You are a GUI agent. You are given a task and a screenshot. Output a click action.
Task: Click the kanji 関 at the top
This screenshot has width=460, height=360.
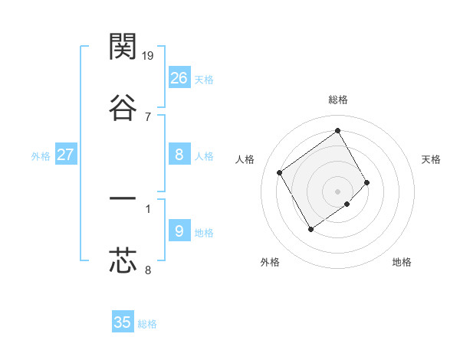(x=123, y=47)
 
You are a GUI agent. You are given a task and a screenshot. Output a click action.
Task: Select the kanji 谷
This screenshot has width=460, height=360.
(x=123, y=107)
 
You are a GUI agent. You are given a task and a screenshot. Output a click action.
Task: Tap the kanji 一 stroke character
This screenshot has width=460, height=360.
(x=123, y=201)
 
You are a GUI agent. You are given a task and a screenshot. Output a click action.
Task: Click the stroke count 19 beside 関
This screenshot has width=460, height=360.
(x=148, y=55)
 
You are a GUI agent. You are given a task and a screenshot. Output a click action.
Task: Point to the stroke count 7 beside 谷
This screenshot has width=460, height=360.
(x=147, y=116)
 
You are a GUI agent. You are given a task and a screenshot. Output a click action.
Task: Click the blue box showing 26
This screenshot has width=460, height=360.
(x=179, y=78)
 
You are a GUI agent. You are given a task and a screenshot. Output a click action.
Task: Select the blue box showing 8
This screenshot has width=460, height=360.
(x=179, y=155)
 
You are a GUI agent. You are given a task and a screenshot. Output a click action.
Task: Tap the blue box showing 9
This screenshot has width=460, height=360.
(x=179, y=231)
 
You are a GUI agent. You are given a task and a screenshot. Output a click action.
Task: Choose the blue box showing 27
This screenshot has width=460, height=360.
(x=66, y=155)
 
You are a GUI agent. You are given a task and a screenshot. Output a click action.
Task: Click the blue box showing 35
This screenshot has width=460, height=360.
(x=123, y=322)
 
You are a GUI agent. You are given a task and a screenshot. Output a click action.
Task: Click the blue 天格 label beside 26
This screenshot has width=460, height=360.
(x=204, y=80)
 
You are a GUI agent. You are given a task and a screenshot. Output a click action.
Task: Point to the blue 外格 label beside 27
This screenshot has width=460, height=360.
(x=41, y=156)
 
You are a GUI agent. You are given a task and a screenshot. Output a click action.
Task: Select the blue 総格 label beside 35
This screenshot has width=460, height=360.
(x=147, y=324)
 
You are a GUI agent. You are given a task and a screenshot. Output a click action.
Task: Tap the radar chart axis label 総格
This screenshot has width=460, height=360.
(x=337, y=100)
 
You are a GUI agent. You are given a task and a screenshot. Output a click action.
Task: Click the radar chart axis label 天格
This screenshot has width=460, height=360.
(x=431, y=159)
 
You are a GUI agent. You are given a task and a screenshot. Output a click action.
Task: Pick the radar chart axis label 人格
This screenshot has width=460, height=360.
(x=245, y=159)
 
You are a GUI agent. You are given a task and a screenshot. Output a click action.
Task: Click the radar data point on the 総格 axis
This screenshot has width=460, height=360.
(x=337, y=130)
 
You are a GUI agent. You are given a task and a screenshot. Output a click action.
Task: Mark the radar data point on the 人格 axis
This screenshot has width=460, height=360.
(x=280, y=172)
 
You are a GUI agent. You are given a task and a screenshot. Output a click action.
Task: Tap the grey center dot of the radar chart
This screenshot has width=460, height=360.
(x=337, y=191)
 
